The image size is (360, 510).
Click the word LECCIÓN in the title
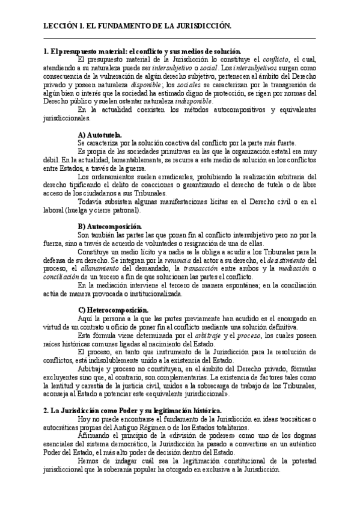coord(60,26)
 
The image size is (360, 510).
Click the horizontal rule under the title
coord(180,39)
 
